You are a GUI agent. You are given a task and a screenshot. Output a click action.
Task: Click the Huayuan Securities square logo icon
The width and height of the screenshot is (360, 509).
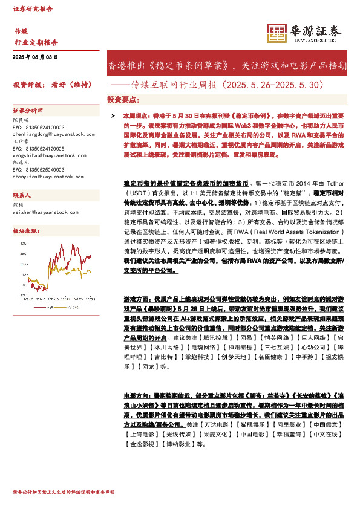pyautogui.click(x=278, y=34)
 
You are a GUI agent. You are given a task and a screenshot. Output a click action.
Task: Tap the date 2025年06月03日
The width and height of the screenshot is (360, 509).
pyautogui.click(x=36, y=57)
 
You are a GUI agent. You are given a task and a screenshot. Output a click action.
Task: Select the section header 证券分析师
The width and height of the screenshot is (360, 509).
pyautogui.click(x=28, y=111)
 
